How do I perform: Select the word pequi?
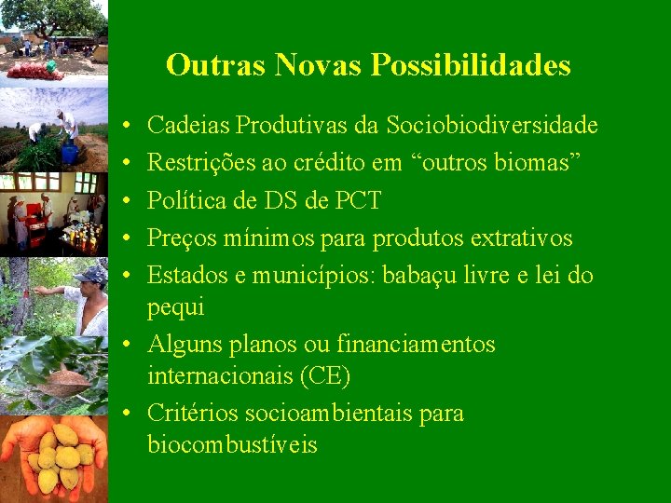(175, 307)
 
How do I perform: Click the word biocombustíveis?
(232, 445)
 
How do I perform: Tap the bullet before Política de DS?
(126, 201)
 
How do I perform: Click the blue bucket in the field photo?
(69, 153)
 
